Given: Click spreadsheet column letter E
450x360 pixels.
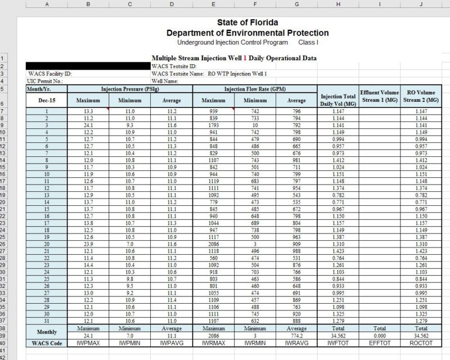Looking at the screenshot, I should point(213,4).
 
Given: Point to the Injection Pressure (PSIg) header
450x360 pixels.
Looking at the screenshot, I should point(130,89).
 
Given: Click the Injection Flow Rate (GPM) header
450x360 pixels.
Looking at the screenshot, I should point(255,89).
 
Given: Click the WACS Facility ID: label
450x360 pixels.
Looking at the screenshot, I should point(50,74).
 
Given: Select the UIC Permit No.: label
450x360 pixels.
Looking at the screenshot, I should point(47,81).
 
